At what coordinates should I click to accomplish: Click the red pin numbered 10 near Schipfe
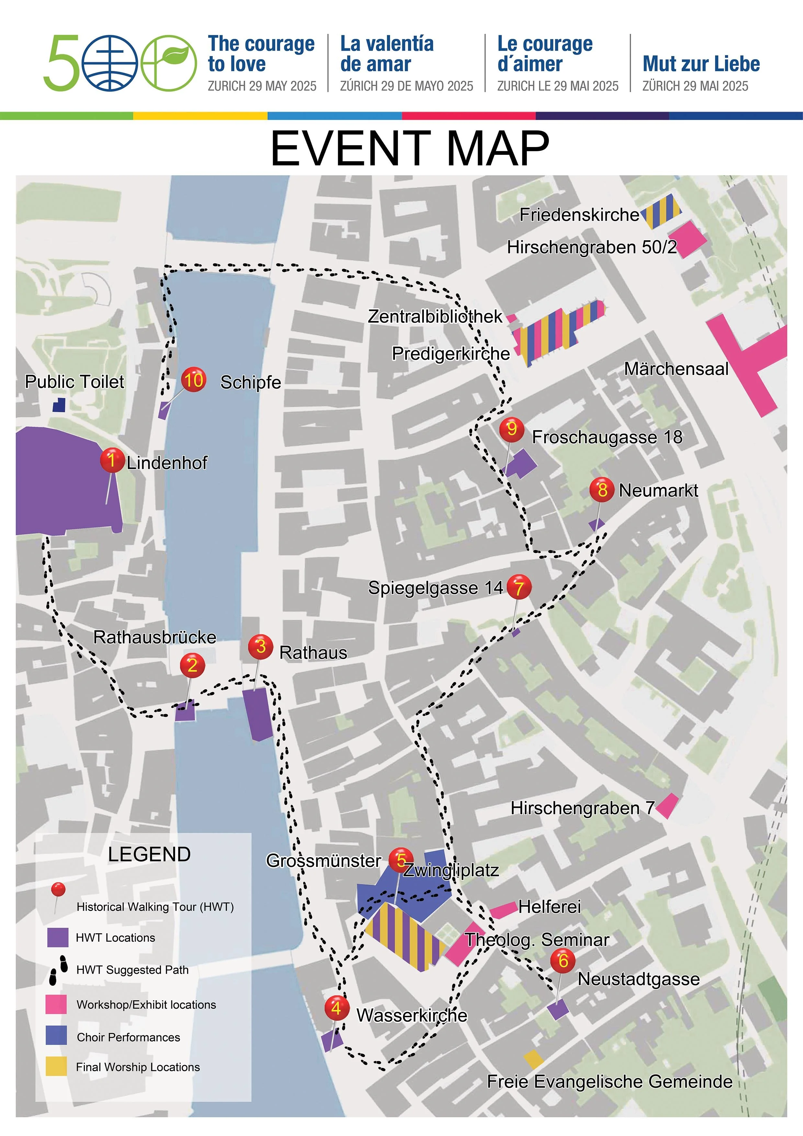tap(193, 380)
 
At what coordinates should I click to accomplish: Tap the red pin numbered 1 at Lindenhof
tap(112, 460)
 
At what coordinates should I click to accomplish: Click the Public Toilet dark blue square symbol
tap(59, 405)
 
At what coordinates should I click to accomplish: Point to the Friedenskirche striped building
tap(662, 211)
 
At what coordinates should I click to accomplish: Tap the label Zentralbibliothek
tap(435, 316)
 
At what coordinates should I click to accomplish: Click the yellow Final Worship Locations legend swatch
tap(56, 1066)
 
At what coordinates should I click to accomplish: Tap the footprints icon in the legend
tap(58, 970)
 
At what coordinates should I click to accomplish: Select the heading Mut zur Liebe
tap(701, 64)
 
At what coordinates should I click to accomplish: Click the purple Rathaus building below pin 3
tap(258, 713)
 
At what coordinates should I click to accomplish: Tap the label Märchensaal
tap(676, 369)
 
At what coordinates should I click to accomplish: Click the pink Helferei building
tap(503, 909)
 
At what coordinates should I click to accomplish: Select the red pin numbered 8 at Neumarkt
tap(602, 489)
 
